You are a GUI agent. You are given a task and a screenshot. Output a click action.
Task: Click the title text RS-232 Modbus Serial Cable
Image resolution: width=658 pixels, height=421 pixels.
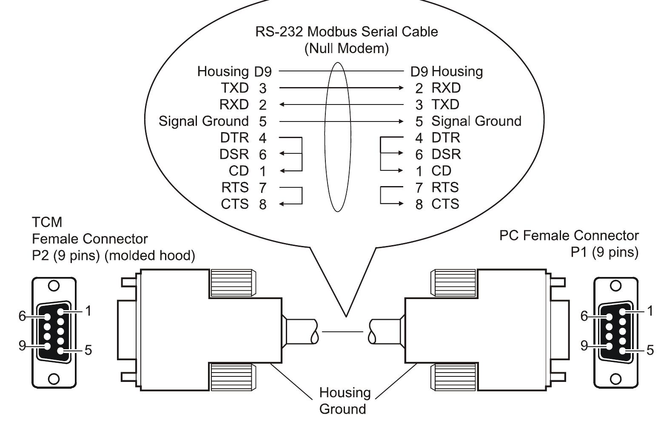click(x=346, y=32)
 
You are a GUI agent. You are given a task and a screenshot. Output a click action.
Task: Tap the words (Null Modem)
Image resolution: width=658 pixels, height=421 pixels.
click(x=346, y=48)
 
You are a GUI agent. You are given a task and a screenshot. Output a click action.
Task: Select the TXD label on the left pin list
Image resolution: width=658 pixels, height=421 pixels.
click(x=234, y=88)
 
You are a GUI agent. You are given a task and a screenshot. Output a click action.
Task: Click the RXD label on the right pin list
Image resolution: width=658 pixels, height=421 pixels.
click(x=446, y=88)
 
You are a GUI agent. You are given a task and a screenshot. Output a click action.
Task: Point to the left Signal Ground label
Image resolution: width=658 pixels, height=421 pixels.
click(x=203, y=121)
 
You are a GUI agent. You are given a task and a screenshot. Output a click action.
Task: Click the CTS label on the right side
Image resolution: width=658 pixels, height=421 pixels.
click(x=445, y=204)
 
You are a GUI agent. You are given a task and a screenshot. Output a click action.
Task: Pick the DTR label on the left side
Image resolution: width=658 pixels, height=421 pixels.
click(x=234, y=138)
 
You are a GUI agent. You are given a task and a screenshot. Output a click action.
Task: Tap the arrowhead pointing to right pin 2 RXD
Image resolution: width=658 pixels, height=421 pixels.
click(x=401, y=88)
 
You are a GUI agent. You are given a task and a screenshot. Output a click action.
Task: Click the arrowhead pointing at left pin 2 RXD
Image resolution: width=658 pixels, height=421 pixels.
click(x=282, y=105)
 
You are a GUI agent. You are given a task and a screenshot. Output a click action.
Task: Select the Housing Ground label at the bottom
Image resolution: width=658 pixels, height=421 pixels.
click(x=345, y=401)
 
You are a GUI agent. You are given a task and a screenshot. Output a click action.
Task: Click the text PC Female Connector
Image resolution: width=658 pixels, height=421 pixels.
click(x=569, y=235)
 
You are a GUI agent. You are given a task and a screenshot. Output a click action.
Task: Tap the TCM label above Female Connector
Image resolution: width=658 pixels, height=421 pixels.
click(x=47, y=222)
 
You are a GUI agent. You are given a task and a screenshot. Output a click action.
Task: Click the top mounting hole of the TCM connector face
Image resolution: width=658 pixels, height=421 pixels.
click(x=54, y=286)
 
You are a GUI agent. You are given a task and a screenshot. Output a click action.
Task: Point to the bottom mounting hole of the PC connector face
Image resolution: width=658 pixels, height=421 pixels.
click(x=615, y=379)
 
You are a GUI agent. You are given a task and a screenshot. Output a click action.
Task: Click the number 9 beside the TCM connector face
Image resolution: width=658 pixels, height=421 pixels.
click(x=22, y=345)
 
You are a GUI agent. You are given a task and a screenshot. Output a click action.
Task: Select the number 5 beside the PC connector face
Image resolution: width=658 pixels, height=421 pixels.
click(x=650, y=350)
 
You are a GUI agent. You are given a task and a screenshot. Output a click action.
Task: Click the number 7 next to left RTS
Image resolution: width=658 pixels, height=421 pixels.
click(x=262, y=187)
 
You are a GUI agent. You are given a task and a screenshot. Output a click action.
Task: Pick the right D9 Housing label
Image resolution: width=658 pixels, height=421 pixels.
click(x=447, y=71)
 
